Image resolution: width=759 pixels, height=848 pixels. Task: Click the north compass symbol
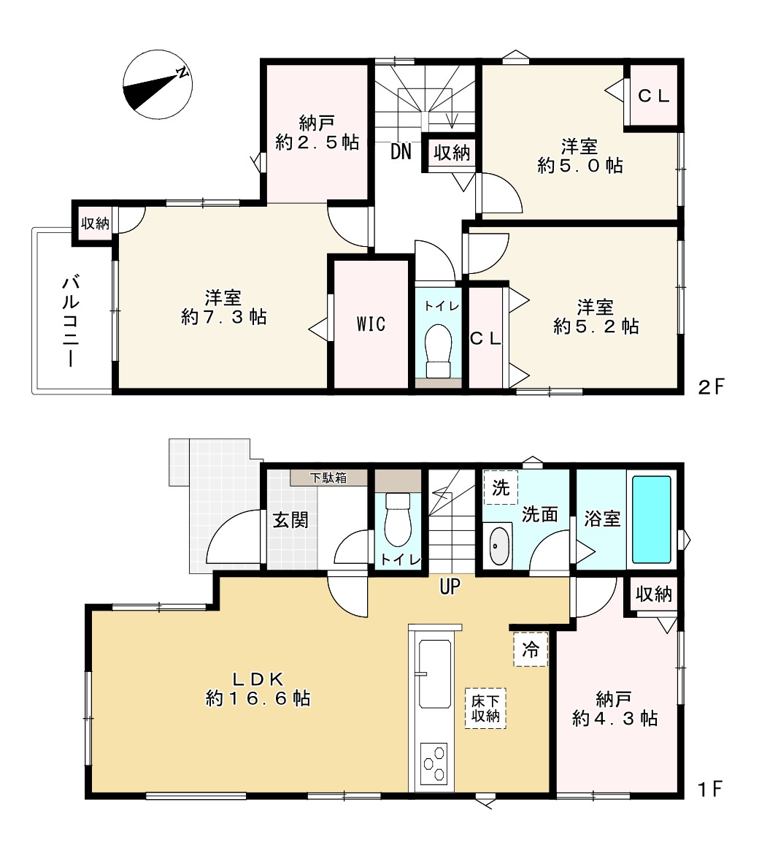pyautogui.click(x=157, y=85)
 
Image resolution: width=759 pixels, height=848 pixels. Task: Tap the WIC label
pyautogui.click(x=371, y=324)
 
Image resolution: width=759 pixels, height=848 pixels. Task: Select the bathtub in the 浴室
pyautogui.click(x=652, y=519)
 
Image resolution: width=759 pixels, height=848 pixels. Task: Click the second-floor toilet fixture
pyautogui.click(x=438, y=351)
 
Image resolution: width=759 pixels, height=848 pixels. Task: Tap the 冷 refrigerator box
pyautogui.click(x=531, y=649)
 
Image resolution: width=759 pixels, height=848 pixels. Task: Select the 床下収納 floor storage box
pyautogui.click(x=485, y=708)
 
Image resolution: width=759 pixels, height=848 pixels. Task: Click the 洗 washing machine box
pyautogui.click(x=501, y=488)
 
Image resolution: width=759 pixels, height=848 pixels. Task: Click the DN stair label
pyautogui.click(x=401, y=152)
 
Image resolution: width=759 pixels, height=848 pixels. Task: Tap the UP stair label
pyautogui.click(x=450, y=586)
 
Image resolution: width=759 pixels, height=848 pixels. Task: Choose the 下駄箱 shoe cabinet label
pyautogui.click(x=328, y=478)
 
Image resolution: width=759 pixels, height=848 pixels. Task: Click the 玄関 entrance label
pyautogui.click(x=290, y=520)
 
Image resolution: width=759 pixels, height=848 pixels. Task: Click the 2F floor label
pyautogui.click(x=710, y=386)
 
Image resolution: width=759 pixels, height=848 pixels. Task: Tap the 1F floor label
pyautogui.click(x=710, y=789)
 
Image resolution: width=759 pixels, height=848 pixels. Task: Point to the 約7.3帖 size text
pyautogui.click(x=224, y=316)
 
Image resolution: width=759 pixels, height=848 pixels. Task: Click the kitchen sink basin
pyautogui.click(x=435, y=674)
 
